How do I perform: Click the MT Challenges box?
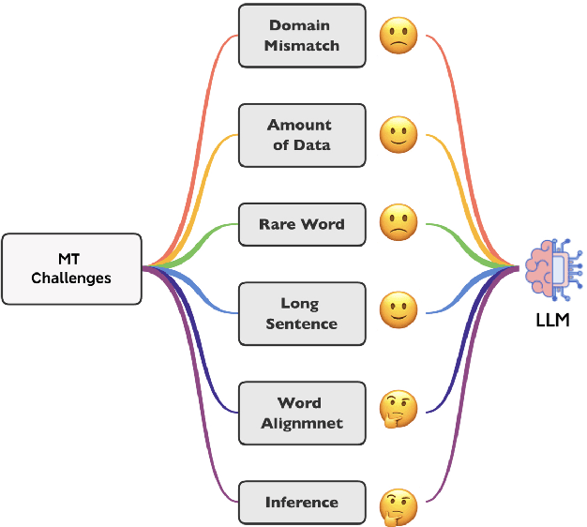coord(71,268)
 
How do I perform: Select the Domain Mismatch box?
coord(301,36)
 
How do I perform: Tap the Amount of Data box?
coord(301,135)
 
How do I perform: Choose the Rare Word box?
coord(301,225)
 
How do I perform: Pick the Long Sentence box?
coord(301,314)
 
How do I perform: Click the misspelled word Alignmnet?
coord(301,424)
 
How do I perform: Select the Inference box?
coord(301,503)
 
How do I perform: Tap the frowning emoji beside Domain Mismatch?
coord(398,37)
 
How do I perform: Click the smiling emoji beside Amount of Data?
coord(398,136)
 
